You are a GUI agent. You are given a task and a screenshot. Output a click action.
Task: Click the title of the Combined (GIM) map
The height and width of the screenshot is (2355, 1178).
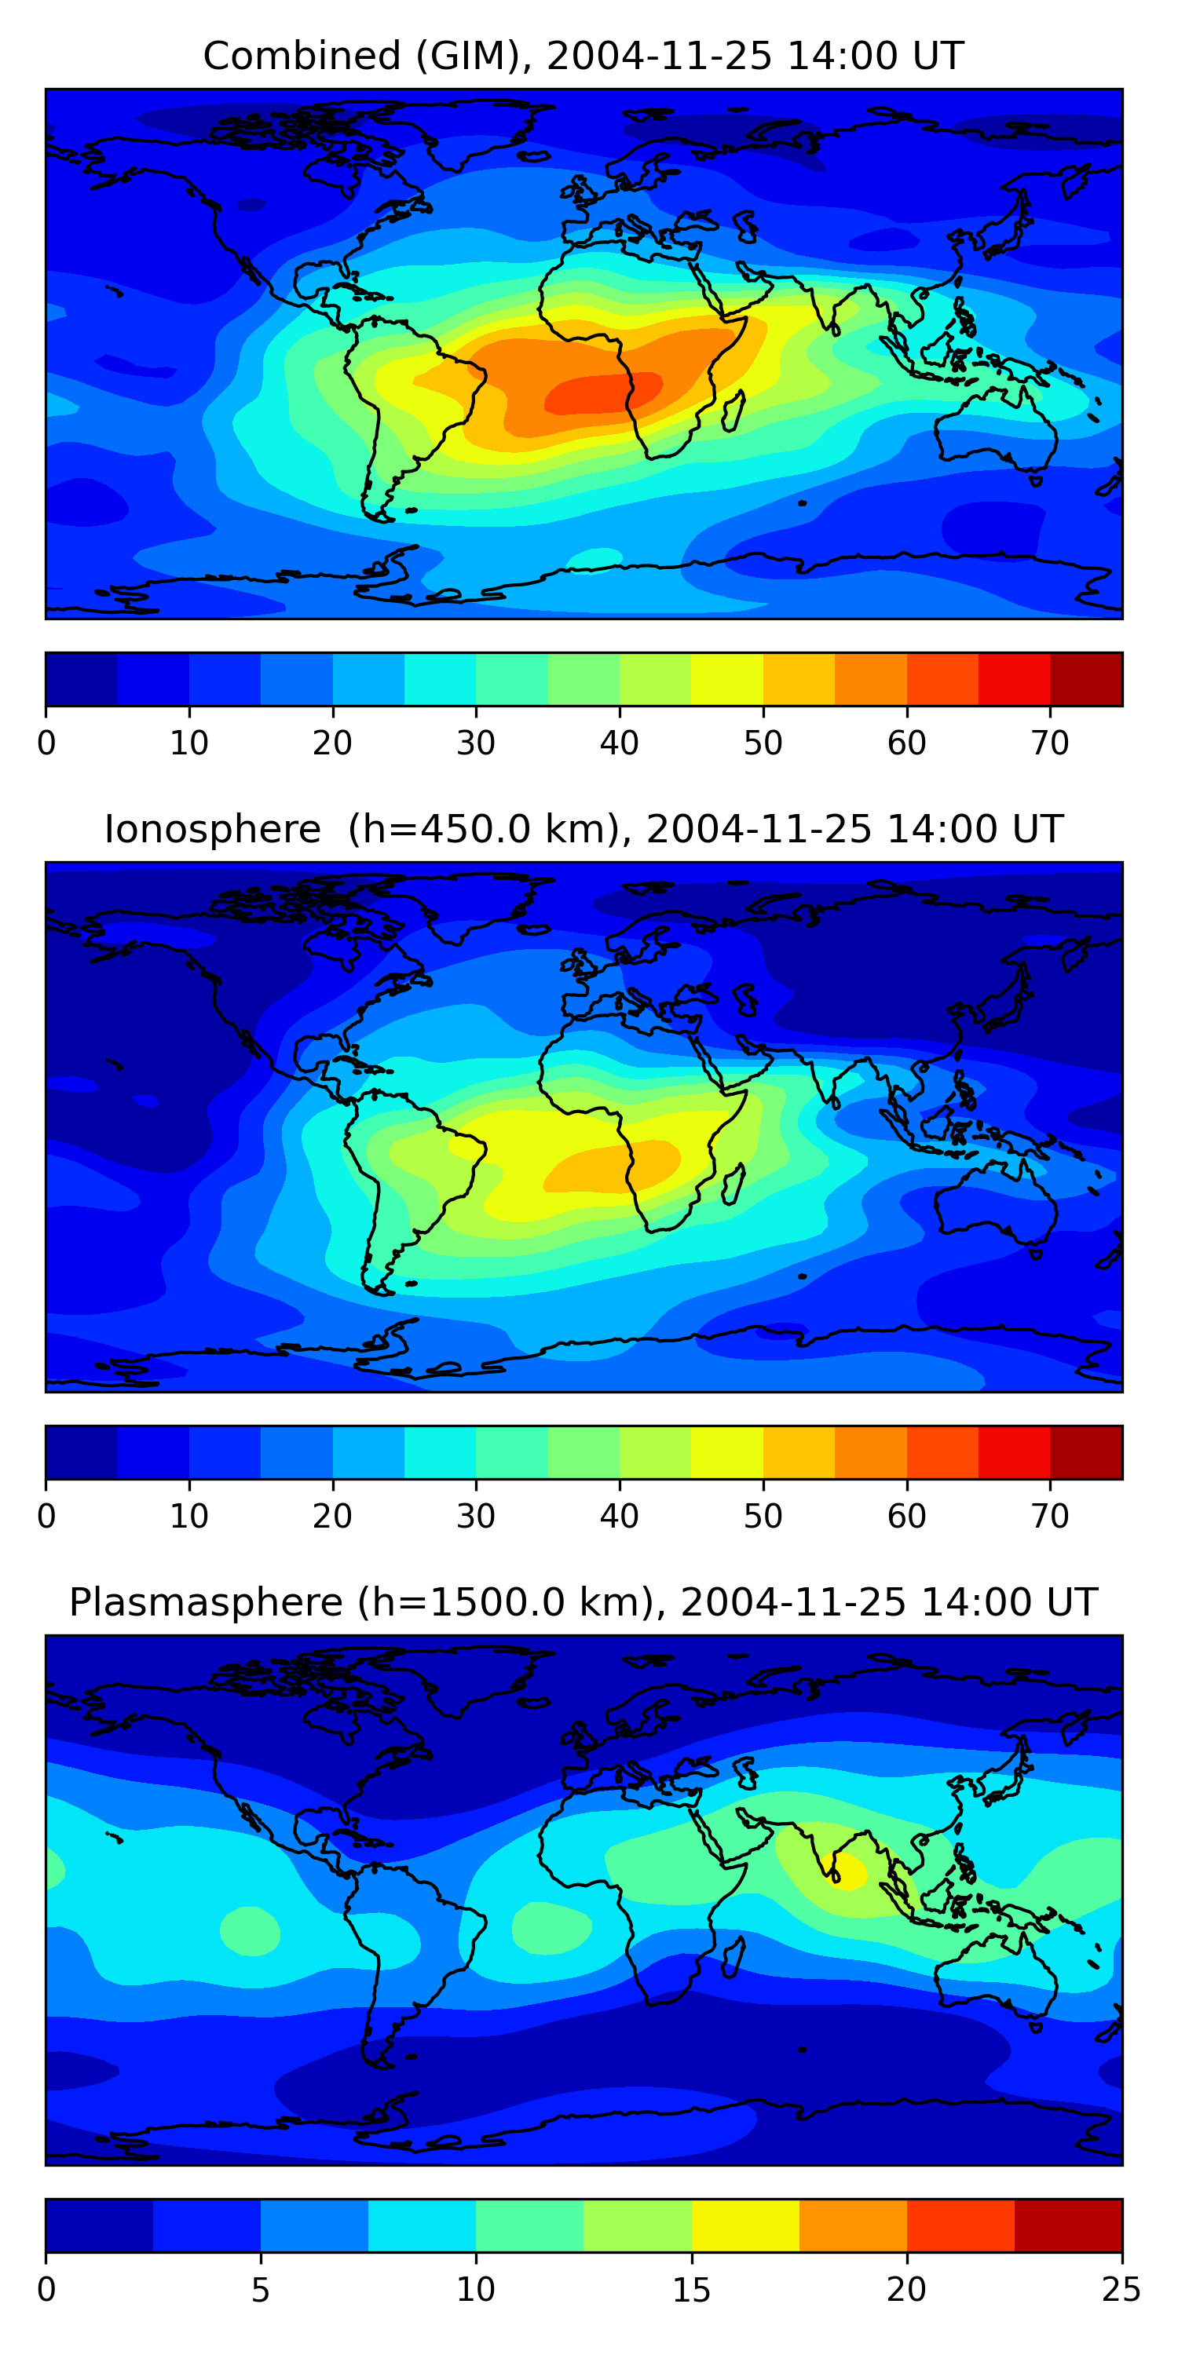(583, 56)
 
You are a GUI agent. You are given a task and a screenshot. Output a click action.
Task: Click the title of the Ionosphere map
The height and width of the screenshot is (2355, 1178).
(583, 829)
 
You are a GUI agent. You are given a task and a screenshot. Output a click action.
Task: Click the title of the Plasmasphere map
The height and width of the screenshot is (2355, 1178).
(583, 1603)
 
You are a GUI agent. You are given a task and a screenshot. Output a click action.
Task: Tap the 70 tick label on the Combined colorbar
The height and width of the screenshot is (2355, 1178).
(1050, 743)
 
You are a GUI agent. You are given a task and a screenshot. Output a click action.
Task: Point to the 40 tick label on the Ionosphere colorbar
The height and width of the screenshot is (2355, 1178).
(619, 1517)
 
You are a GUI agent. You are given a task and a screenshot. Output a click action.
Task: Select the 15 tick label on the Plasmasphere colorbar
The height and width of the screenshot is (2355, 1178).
(691, 2289)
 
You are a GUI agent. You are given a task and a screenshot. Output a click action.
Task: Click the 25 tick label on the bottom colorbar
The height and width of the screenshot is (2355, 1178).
(1121, 2289)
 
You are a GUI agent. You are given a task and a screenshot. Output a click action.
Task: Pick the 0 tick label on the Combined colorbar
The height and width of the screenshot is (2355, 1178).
(46, 743)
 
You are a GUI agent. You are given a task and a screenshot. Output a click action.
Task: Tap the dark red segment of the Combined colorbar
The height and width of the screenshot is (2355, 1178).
(1085, 679)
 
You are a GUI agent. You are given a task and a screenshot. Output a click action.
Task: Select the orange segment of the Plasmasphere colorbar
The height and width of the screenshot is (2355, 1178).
(854, 2225)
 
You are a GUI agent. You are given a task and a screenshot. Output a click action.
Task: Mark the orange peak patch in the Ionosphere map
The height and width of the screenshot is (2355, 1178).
(611, 1166)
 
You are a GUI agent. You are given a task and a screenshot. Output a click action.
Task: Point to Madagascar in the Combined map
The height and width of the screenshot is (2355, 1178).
(734, 411)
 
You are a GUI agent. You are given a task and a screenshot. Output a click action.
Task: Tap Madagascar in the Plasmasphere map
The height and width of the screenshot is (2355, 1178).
(734, 1956)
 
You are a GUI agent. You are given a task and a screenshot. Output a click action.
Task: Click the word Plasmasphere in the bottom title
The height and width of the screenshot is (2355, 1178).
(206, 1603)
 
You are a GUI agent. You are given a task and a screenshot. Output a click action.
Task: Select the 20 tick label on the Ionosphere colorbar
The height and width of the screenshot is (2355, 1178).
(332, 1517)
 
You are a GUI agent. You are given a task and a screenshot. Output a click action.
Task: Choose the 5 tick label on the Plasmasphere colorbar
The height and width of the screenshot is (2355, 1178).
(261, 2289)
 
